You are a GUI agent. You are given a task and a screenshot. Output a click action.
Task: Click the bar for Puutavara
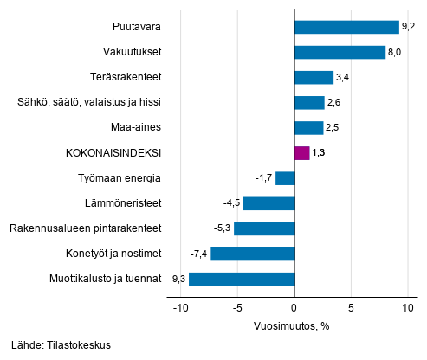point(346,27)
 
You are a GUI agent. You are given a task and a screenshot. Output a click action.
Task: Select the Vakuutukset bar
point(340,52)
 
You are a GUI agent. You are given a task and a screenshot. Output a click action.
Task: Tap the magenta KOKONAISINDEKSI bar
point(301,153)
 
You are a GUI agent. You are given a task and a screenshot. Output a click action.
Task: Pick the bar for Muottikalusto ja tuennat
point(242,279)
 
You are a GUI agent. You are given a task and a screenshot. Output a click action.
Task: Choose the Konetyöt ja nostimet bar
point(252,254)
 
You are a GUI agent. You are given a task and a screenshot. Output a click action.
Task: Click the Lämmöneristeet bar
point(268,203)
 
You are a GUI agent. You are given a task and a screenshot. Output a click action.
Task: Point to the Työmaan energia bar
point(285,178)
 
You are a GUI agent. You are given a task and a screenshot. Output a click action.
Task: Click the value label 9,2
point(409,27)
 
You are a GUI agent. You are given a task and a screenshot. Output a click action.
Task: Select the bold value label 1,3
point(320,153)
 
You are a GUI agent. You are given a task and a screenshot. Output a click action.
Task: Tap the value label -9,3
point(176,279)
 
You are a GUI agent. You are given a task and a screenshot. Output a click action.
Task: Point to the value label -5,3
point(221,228)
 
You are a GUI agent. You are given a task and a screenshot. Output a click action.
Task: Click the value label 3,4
point(343,77)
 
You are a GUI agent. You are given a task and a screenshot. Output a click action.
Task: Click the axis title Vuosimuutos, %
point(293,325)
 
